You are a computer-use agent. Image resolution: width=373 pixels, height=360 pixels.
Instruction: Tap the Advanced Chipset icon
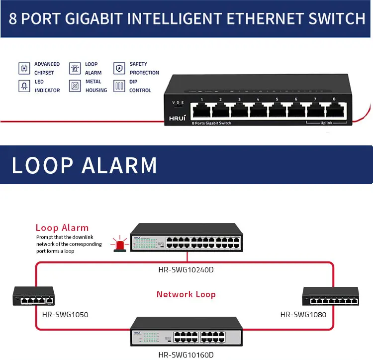pos(23,68)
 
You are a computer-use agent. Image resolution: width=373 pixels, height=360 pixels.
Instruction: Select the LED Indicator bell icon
pos(23,86)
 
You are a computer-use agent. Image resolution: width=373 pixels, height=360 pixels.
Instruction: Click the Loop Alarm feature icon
pos(75,68)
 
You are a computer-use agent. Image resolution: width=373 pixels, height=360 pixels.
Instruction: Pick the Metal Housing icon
pos(75,86)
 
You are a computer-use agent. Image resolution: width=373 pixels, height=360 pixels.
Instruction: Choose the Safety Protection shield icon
pos(119,68)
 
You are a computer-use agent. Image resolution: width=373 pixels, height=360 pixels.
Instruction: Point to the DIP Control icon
pos(119,86)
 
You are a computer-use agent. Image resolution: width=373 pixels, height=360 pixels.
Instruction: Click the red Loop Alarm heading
pos(62,228)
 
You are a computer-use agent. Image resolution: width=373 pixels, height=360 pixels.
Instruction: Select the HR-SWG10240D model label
pos(186,270)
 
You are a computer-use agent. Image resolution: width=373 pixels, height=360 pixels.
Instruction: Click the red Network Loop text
pos(186,294)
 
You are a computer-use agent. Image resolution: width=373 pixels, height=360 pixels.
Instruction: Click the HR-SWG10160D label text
pos(186,355)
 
